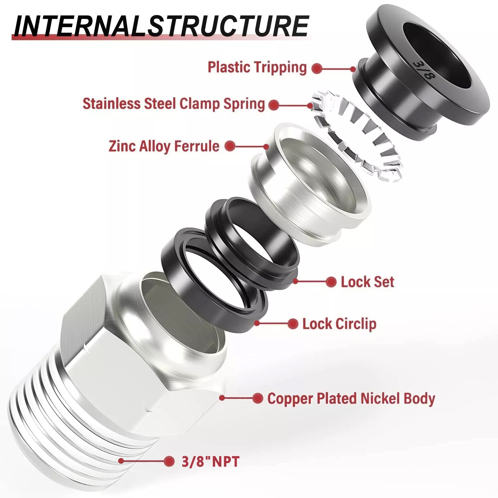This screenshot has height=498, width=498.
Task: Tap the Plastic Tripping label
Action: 257,67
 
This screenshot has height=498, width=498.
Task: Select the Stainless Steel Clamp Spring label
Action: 174,104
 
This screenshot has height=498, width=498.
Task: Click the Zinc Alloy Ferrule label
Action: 164,146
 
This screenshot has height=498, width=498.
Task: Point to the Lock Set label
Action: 367,282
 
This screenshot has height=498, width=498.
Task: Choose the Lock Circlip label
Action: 339,324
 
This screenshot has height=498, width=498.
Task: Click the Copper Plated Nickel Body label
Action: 351,399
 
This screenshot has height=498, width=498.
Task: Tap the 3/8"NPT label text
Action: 210,461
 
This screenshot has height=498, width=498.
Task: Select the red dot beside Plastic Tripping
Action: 317,68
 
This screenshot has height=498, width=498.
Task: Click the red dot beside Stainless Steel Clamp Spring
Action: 274,105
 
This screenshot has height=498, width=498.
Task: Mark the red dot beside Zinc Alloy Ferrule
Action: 230,146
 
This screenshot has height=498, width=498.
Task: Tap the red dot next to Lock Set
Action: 331,282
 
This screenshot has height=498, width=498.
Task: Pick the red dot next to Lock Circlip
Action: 292,324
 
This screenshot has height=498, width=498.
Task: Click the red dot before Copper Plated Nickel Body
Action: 258,398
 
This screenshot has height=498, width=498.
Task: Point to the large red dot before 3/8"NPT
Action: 169,461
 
